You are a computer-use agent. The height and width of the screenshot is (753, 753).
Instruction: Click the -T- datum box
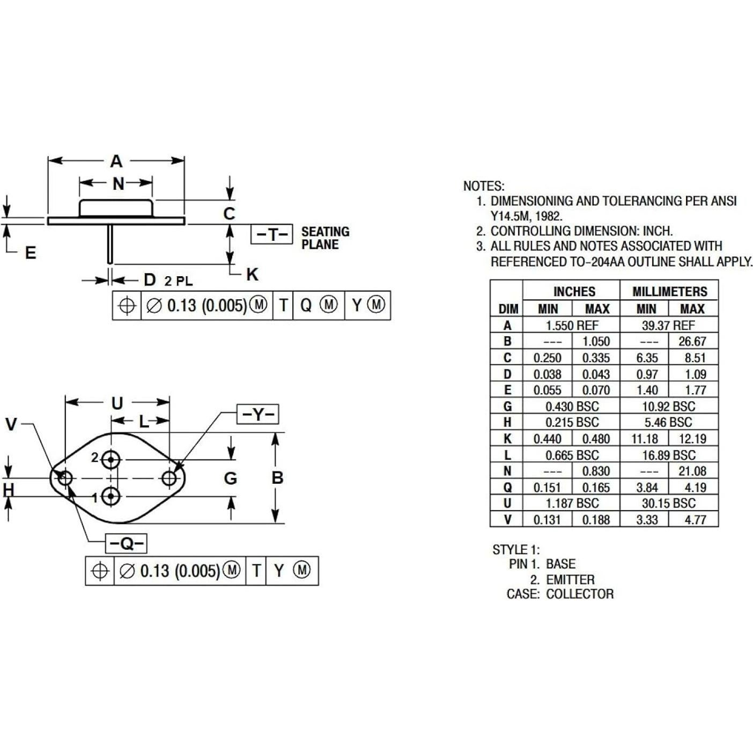pos(272,234)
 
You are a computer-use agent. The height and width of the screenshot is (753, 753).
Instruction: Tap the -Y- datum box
pos(258,414)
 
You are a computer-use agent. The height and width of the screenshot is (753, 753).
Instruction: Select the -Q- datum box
pos(126,543)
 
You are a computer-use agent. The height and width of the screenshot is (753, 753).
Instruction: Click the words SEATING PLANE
pos(325,238)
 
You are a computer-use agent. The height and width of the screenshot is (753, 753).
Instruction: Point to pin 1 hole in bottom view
pos(111,497)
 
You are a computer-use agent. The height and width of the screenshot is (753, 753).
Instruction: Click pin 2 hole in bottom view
pos(112,460)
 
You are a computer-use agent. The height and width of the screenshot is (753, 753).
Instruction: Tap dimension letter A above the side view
pos(116,161)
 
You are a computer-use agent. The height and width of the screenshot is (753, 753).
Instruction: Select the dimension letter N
pos(119,184)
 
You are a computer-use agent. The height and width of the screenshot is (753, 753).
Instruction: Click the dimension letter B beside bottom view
pos(277,478)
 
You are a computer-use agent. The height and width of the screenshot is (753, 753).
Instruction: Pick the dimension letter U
pos(117,403)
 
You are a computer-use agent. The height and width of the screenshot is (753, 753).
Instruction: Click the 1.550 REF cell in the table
pos(572,326)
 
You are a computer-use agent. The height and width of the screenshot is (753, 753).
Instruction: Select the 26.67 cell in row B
pos(692,342)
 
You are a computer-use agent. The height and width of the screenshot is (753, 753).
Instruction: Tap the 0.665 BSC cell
pos(572,455)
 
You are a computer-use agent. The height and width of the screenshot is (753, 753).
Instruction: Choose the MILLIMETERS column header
pos(669,292)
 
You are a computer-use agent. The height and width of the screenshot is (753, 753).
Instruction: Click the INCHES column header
pos(574,292)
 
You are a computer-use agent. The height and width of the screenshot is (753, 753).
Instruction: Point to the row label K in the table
pos(507,439)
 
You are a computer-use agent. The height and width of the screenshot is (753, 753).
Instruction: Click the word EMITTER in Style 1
pos(570,580)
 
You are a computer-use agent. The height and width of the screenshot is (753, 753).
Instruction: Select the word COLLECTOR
pos(580,594)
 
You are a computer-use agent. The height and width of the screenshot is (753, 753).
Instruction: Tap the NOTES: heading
pos(484,186)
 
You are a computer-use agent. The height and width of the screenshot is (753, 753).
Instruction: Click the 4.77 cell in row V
pos(695,520)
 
